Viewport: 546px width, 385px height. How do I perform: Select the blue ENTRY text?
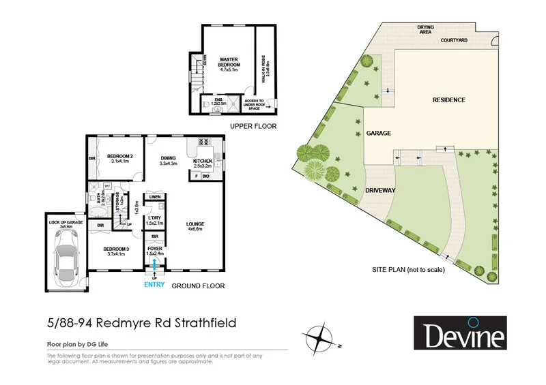(155, 286)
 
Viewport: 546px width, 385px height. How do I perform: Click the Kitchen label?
(204, 162)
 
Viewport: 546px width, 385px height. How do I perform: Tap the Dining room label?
(168, 159)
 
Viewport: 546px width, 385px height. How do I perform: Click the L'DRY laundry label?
(155, 219)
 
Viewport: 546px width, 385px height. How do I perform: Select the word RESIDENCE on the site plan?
(448, 100)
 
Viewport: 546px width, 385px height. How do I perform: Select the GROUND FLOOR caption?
(198, 286)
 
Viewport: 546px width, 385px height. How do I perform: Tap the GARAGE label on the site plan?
(379, 134)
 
